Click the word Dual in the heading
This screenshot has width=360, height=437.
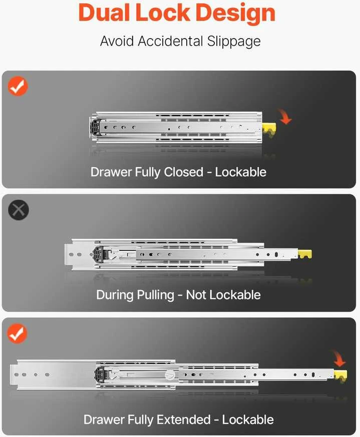104,13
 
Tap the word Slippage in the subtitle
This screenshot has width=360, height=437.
234,42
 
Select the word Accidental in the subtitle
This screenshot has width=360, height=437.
170,41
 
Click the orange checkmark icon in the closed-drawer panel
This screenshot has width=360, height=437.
18,86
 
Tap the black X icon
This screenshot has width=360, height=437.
19,210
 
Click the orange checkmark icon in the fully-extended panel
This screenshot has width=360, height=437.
18,333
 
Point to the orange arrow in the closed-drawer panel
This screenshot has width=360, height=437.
285,117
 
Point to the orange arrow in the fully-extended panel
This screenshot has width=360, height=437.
339,359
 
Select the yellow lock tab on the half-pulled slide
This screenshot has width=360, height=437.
305,254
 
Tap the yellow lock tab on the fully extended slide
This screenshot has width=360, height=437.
340,376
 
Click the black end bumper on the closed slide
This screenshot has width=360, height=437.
95,127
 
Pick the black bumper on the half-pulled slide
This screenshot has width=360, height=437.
98,254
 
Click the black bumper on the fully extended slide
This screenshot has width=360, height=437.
100,374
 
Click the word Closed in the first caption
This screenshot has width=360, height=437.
183,172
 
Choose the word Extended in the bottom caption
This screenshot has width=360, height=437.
183,419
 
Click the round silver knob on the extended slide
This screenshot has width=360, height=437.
170,375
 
